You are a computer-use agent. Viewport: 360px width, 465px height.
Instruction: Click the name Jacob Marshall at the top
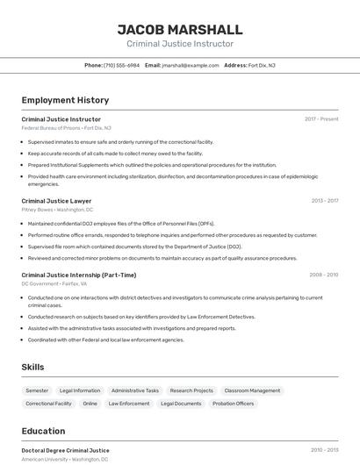(x=180, y=28)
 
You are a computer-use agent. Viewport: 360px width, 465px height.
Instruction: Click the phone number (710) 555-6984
(x=121, y=65)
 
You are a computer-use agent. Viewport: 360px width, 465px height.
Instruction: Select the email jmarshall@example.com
(x=191, y=65)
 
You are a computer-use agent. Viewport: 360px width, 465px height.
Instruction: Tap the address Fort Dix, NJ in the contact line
(x=262, y=65)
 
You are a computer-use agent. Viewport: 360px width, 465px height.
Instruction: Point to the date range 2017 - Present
(x=321, y=119)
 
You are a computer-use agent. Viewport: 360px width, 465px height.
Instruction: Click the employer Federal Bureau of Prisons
(x=50, y=128)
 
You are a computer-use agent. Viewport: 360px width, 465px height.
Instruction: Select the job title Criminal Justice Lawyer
(x=56, y=201)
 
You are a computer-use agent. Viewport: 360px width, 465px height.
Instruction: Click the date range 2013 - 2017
(x=324, y=201)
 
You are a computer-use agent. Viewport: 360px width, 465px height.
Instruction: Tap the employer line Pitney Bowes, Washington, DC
(x=57, y=210)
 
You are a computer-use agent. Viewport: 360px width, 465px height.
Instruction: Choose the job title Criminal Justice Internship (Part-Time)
(x=79, y=275)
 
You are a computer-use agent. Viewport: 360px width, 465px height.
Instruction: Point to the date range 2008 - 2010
(x=323, y=275)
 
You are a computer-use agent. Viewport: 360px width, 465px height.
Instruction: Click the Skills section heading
(x=32, y=367)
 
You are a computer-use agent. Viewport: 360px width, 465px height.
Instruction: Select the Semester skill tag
(x=37, y=390)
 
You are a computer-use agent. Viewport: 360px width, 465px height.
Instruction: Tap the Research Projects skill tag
(x=191, y=390)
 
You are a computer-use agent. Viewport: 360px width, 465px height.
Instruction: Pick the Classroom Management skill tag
(x=252, y=390)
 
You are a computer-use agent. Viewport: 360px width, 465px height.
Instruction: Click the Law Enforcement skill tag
(x=129, y=404)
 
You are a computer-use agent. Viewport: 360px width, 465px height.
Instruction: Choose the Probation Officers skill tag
(x=234, y=404)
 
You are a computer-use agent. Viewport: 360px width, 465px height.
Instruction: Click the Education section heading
(x=43, y=431)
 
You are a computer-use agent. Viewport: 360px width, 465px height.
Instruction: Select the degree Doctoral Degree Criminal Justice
(x=65, y=450)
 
